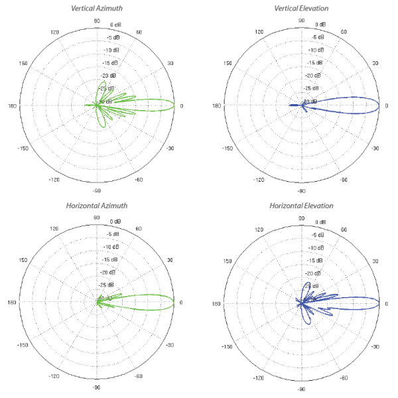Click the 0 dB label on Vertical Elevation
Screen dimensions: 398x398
tap(320, 25)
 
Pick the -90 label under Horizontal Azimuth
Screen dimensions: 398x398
tap(97, 388)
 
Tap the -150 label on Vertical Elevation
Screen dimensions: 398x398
tap(227, 148)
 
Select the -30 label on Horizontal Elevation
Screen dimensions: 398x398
tap(375, 345)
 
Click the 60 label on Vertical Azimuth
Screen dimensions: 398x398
tap(139, 33)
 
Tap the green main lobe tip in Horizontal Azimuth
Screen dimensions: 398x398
tap(174, 302)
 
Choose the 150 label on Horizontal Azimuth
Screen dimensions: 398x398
tap(23, 261)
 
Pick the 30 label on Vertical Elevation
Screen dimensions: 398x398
tap(374, 64)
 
